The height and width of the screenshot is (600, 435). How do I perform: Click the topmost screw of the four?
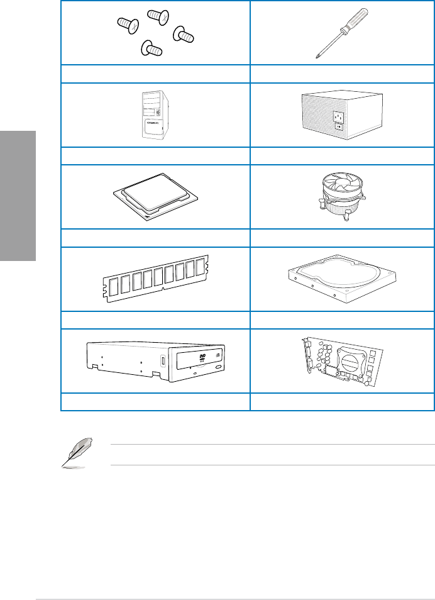point(155,16)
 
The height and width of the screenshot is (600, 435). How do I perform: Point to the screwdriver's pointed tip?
point(316,58)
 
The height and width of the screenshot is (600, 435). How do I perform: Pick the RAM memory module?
point(155,279)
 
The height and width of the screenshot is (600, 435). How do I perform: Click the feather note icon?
point(74,453)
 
